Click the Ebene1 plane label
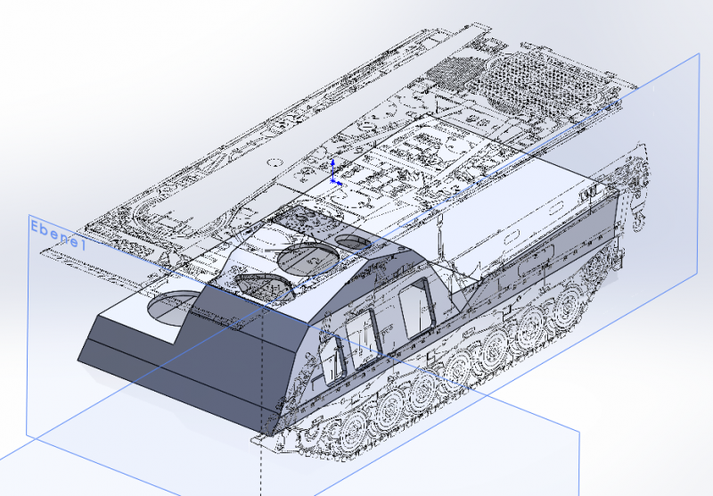(58, 235)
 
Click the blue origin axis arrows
(334, 172)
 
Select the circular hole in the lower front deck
(172, 308)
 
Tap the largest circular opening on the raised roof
(309, 260)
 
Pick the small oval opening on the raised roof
(354, 242)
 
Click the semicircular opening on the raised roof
(264, 285)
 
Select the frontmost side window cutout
(334, 360)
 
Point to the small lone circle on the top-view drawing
(275, 162)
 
